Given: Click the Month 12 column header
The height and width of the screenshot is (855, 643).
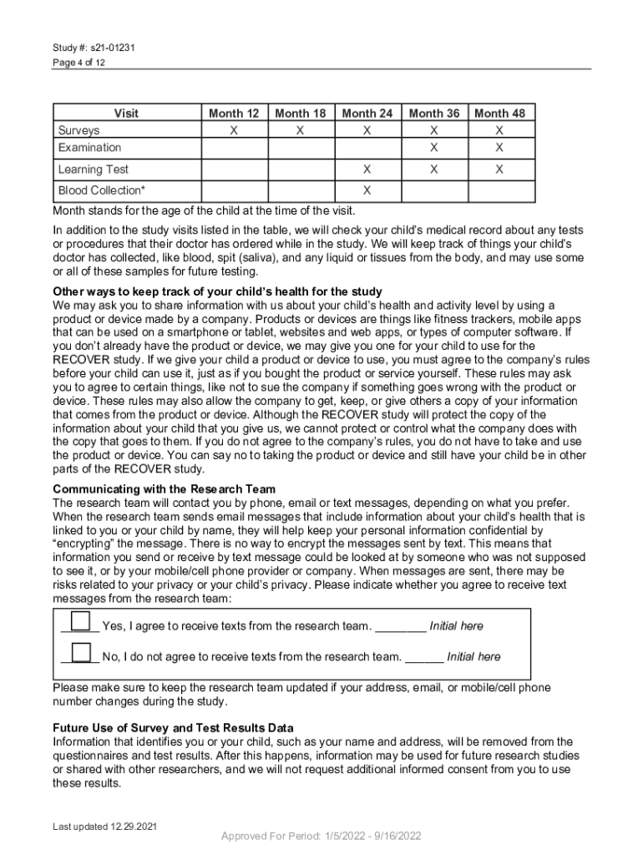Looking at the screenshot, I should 234,114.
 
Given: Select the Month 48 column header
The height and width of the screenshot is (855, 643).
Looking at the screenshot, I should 499,114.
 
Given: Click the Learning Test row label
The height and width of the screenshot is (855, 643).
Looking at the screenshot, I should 93,169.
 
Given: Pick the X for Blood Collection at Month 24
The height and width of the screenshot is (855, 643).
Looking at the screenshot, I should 367,191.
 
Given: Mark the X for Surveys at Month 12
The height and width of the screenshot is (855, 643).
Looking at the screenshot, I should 234,131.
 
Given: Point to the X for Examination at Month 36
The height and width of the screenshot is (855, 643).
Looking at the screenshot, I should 433,148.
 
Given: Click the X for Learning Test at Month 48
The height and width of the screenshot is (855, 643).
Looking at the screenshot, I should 499,169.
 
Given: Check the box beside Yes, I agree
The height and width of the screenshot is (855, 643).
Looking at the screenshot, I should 81,621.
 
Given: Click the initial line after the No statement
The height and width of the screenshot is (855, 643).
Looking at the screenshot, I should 424,658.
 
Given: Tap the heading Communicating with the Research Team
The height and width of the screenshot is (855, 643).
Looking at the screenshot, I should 165,488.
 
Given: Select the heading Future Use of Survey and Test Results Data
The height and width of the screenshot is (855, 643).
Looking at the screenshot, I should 173,728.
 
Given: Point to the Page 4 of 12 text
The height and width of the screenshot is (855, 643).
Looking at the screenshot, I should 79,63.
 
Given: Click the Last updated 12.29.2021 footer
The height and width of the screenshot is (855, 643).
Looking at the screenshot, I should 105,827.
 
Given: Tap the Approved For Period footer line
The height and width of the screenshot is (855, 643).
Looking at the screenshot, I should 321,837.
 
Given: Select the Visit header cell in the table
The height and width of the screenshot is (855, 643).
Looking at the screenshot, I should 126,114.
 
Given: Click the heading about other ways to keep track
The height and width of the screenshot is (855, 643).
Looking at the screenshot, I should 217,291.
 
